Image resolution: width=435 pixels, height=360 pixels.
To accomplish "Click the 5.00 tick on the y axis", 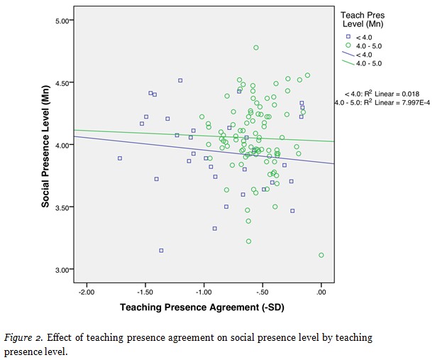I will click(64, 21).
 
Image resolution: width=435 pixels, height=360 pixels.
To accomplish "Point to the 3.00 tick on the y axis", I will click(64, 270).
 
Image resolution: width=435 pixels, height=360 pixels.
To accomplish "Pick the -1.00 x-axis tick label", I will click(204, 292).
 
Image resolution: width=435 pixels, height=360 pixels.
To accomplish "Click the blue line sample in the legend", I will click(348, 53).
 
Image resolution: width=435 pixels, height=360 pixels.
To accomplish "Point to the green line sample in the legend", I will click(348, 62).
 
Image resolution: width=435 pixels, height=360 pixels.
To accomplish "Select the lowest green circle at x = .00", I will click(321, 255).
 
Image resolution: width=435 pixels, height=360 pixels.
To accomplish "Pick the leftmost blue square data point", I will click(120, 158).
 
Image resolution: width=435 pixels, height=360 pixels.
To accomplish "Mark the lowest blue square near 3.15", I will click(161, 251).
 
